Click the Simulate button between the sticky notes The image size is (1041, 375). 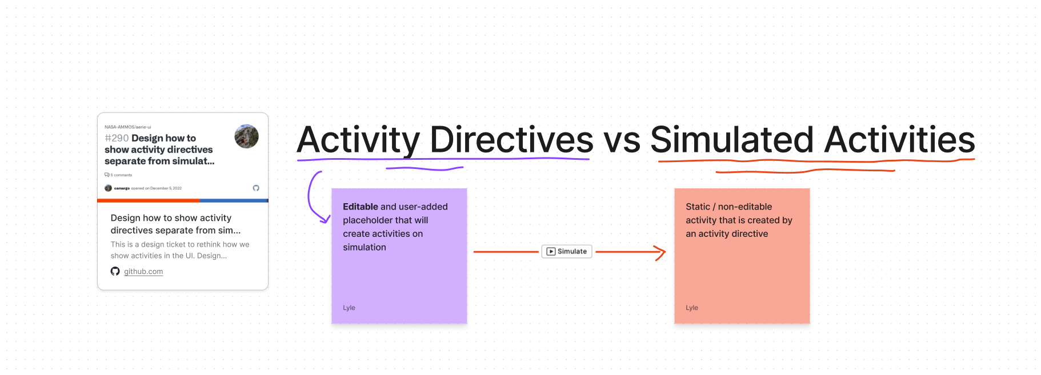pyautogui.click(x=567, y=251)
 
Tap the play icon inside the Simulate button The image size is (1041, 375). pyautogui.click(x=551, y=251)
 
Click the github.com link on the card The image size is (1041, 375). pyautogui.click(x=143, y=272)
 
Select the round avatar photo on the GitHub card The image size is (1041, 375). pyautogui.click(x=246, y=136)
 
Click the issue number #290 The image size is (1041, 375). pyautogui.click(x=117, y=138)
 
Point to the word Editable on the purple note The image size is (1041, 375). pyautogui.click(x=360, y=207)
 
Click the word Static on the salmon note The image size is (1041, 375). pyautogui.click(x=698, y=207)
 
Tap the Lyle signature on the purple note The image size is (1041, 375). pyautogui.click(x=349, y=308)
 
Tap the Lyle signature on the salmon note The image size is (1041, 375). pyautogui.click(x=692, y=308)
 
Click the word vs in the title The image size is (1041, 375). pyautogui.click(x=622, y=140)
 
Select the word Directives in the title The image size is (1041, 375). pyautogui.click(x=511, y=139)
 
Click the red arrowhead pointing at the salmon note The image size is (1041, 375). pyautogui.click(x=662, y=252)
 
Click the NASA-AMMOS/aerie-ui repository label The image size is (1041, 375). pyautogui.click(x=128, y=127)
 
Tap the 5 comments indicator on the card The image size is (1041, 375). pyautogui.click(x=119, y=175)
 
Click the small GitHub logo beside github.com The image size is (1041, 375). pyautogui.click(x=115, y=271)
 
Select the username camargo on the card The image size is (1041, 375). pyautogui.click(x=122, y=188)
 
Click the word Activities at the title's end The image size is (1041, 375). pyautogui.click(x=899, y=139)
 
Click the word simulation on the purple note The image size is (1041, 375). pyautogui.click(x=365, y=247)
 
